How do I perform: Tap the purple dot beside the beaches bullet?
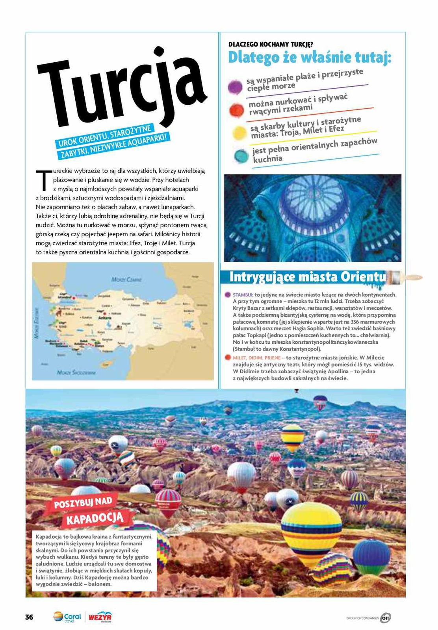pos(235,87)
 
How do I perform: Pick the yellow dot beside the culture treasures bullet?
pos(239,133)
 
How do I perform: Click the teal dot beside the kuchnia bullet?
pos(241,156)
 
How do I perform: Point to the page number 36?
pos(29,617)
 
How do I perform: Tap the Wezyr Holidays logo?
pos(100,617)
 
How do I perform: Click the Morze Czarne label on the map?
pos(126,279)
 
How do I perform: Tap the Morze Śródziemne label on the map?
pos(76,372)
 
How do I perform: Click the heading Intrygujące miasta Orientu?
pos(307,277)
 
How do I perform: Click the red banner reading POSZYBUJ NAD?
pos(83,504)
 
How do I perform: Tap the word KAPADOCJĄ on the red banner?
pos(95,518)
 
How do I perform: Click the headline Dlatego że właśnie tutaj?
pos(310,58)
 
